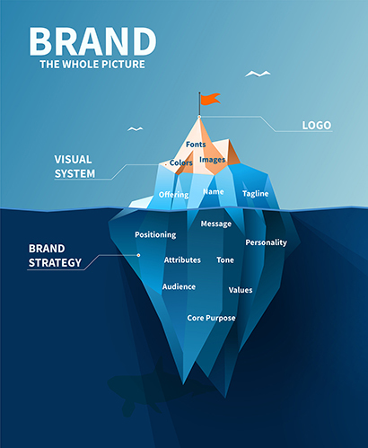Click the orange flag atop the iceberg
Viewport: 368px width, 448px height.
click(x=210, y=99)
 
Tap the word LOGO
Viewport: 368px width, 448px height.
click(x=317, y=126)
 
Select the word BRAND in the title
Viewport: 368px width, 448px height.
click(x=92, y=41)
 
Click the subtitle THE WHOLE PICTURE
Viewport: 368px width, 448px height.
click(x=92, y=65)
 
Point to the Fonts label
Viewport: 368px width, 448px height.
click(x=196, y=145)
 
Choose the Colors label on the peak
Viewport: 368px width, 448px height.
click(x=181, y=163)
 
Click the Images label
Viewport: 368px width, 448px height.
click(x=213, y=160)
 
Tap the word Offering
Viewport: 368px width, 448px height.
click(x=174, y=195)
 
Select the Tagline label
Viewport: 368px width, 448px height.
click(x=256, y=194)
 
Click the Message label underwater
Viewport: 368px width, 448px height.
click(x=216, y=224)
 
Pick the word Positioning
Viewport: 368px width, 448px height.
click(x=155, y=235)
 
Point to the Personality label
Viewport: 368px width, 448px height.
click(x=267, y=242)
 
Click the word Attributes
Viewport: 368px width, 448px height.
click(x=182, y=260)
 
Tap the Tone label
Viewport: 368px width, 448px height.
click(x=225, y=260)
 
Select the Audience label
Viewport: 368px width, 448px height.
click(x=179, y=286)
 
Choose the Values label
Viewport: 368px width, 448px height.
click(x=241, y=290)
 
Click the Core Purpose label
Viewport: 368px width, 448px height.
click(x=211, y=318)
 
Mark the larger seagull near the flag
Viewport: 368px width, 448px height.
click(x=258, y=74)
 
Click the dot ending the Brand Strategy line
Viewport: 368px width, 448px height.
click(x=138, y=255)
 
